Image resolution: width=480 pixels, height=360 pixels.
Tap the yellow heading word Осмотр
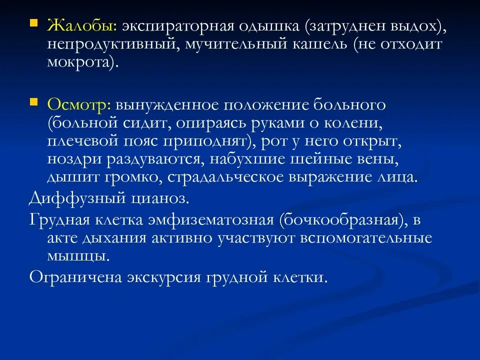click(x=79, y=104)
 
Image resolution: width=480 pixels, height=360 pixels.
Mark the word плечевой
click(x=83, y=141)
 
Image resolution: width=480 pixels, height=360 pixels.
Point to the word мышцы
click(x=77, y=256)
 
